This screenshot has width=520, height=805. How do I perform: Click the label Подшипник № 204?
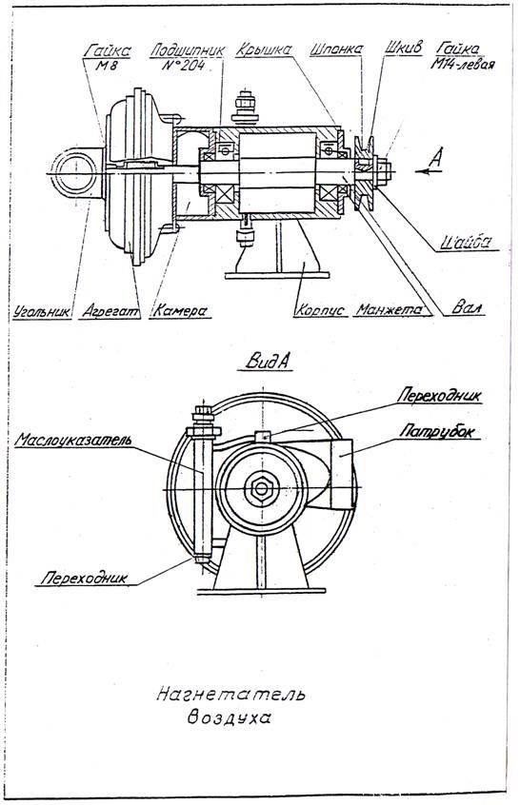(187, 58)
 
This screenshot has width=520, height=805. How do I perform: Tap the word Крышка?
(264, 49)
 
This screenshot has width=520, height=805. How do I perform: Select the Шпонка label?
(336, 49)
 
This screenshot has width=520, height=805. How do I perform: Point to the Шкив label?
(404, 48)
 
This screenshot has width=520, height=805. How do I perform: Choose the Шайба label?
(466, 242)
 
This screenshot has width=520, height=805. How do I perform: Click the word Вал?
(467, 307)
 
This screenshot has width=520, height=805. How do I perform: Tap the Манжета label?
(390, 309)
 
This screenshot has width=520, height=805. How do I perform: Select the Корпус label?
(320, 310)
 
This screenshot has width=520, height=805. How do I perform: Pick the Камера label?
(180, 310)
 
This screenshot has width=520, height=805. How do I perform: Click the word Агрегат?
(110, 311)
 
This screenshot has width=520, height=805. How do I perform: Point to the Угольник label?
(42, 311)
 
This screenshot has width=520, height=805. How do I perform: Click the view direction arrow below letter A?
(429, 171)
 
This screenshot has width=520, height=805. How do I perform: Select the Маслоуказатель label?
(73, 440)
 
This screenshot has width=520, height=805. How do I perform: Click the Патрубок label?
(436, 431)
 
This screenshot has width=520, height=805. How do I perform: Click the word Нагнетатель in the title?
(230, 695)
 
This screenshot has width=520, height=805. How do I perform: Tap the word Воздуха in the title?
(229, 717)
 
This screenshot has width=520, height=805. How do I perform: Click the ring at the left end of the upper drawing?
(75, 174)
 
